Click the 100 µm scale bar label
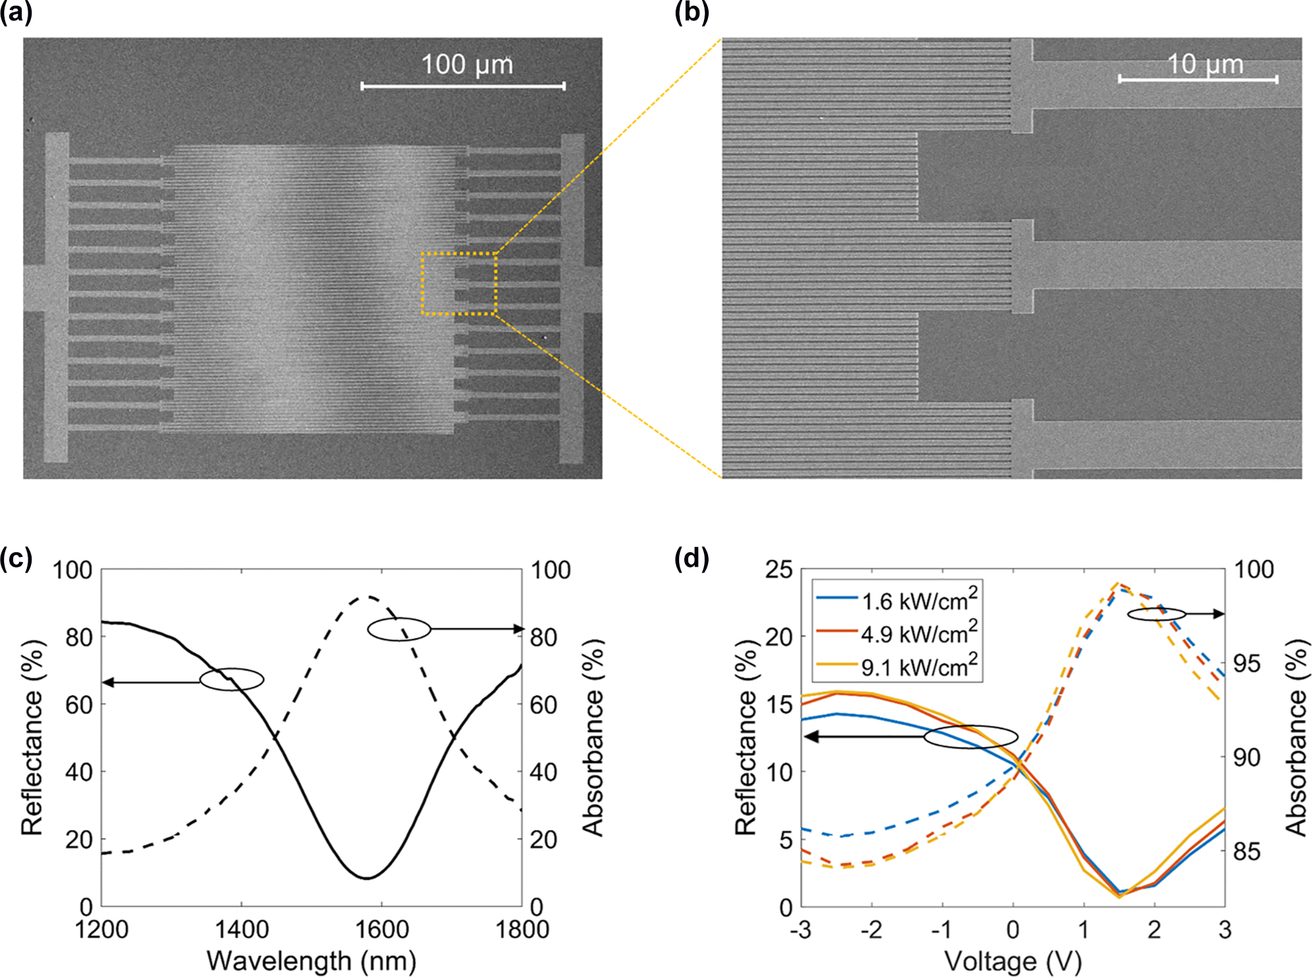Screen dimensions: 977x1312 [x=467, y=64]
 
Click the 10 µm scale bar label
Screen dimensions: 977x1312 [x=1205, y=64]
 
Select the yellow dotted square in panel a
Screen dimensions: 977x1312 [x=459, y=283]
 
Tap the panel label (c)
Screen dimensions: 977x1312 [x=16, y=558]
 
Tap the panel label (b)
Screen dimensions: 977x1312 [x=691, y=12]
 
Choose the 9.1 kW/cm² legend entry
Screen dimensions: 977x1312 [x=918, y=667]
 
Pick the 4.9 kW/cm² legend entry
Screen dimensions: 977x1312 [x=918, y=633]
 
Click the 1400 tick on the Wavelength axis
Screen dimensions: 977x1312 [x=241, y=930]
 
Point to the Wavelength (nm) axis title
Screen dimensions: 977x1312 [x=312, y=961]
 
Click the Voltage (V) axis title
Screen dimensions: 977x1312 [x=1013, y=961]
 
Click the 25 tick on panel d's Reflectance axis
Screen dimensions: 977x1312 [x=778, y=569]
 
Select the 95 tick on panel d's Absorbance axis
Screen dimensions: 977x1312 [x=1247, y=663]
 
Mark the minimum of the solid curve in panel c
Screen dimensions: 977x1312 [x=367, y=878]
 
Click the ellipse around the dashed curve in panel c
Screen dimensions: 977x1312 [x=398, y=629]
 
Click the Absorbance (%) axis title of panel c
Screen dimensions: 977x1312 [x=593, y=738]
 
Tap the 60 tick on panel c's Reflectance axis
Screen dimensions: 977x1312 [x=79, y=704]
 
